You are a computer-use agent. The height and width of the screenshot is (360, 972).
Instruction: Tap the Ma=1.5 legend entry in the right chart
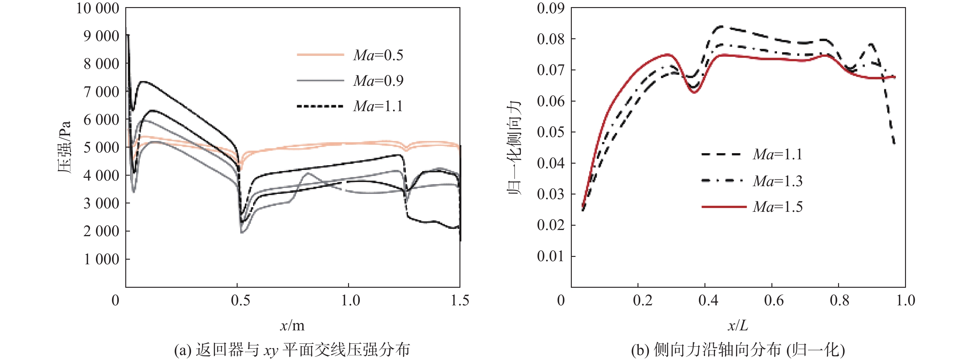click(x=778, y=207)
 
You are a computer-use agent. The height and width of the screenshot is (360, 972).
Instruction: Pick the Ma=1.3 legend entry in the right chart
click(x=778, y=181)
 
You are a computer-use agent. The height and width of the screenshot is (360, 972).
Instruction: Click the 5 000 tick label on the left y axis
click(x=101, y=148)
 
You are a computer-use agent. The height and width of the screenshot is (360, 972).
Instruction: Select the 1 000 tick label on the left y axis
click(x=101, y=259)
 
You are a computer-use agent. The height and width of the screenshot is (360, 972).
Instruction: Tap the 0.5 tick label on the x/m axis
click(x=240, y=300)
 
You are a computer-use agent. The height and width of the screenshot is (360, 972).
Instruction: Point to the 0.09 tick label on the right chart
click(x=551, y=8)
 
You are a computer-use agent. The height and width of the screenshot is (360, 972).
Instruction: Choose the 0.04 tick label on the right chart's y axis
click(x=551, y=163)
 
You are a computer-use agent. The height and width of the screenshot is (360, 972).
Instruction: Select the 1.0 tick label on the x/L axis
click(x=906, y=300)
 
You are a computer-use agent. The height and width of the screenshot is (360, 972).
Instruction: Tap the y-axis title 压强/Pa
click(x=64, y=147)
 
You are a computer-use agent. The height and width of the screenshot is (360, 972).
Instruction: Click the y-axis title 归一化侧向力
click(x=514, y=147)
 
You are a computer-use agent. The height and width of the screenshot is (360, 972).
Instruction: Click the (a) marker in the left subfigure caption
click(x=183, y=350)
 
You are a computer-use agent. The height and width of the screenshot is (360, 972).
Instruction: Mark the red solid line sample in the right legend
click(x=724, y=207)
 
